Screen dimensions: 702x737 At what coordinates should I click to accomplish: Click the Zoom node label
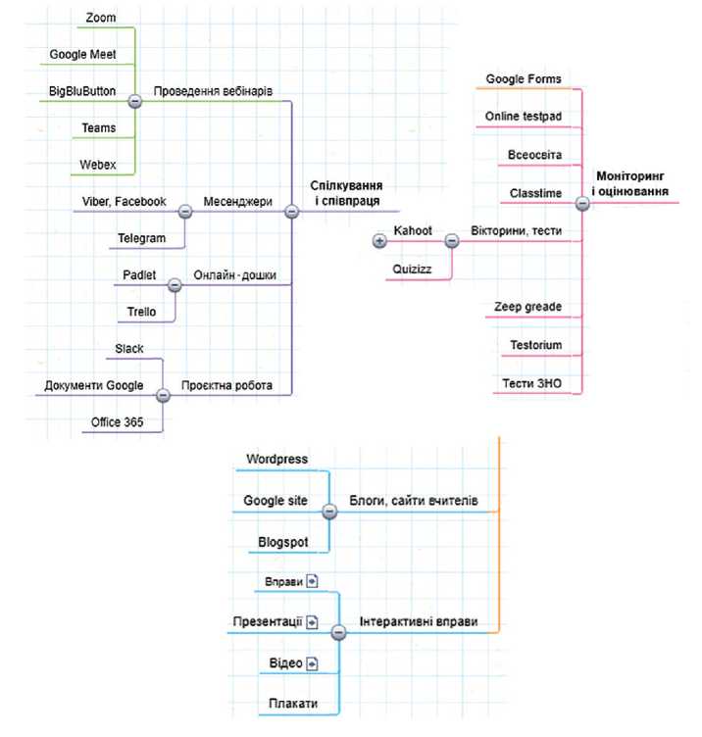(x=101, y=18)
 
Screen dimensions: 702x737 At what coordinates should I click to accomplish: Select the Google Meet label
(x=82, y=55)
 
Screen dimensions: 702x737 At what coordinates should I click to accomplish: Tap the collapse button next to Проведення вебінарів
(x=135, y=101)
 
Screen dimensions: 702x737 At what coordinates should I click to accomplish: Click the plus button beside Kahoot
(x=379, y=241)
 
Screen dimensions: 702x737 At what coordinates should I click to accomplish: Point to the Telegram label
(x=141, y=238)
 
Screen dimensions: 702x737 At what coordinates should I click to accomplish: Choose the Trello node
(x=141, y=312)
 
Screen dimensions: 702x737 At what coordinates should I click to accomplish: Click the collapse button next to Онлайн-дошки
(x=175, y=285)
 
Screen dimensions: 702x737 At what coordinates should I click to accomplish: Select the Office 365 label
(x=117, y=422)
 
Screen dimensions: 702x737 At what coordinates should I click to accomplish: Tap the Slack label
(x=129, y=349)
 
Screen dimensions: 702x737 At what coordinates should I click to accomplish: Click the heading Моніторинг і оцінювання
(x=630, y=184)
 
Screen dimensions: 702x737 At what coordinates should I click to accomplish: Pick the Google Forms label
(x=524, y=79)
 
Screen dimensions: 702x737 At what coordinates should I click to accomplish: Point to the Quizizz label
(x=412, y=270)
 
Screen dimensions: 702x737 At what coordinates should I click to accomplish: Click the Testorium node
(x=536, y=345)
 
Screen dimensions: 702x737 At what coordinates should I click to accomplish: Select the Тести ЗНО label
(x=531, y=383)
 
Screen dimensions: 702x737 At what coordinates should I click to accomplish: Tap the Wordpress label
(x=276, y=460)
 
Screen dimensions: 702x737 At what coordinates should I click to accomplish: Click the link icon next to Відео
(x=312, y=663)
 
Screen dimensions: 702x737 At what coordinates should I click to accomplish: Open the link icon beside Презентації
(x=312, y=622)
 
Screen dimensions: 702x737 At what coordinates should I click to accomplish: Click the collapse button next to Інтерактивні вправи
(x=338, y=633)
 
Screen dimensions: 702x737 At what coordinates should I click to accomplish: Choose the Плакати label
(x=293, y=704)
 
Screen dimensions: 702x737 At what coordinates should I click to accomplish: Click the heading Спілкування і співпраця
(x=346, y=193)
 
